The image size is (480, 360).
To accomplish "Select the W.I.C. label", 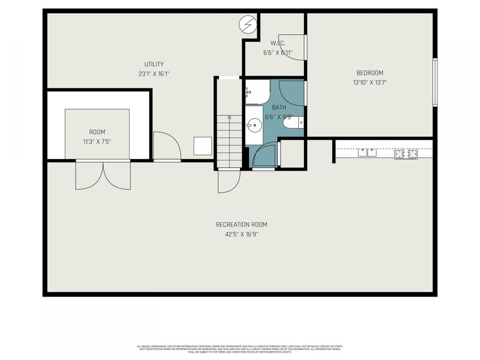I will [278, 43].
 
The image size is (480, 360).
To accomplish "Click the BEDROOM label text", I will [370, 73].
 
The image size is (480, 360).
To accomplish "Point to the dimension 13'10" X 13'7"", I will [370, 83].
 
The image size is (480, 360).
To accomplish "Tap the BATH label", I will [279, 107].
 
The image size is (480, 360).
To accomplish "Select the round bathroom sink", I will [254, 126].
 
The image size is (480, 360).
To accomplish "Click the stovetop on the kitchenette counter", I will [406, 154].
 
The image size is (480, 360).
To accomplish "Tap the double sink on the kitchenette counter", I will [367, 153].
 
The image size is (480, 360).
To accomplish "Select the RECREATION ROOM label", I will [241, 225].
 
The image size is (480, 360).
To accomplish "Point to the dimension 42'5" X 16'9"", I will [241, 234].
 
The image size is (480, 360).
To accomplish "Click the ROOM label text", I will [97, 132].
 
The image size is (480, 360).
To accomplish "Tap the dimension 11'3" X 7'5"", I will [97, 142].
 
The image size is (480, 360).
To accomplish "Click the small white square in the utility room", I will [203, 146].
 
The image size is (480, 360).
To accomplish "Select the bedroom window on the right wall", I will [435, 83].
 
